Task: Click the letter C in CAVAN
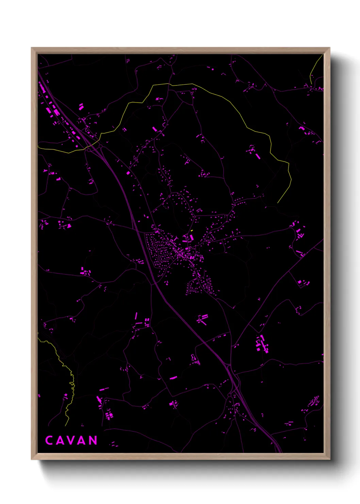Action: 49,440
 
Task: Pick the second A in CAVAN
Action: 82,440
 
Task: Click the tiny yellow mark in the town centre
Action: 192,231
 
